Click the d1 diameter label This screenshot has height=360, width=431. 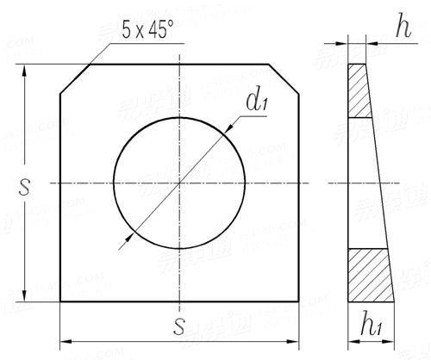(255, 102)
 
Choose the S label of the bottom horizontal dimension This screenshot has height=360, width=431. (178, 327)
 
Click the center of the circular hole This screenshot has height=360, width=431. (178, 183)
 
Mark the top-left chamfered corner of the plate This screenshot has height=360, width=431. (75, 79)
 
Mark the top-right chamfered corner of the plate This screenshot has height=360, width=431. (284, 79)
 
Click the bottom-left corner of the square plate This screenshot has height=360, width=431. (59, 301)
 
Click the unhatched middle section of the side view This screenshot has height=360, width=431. (363, 183)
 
